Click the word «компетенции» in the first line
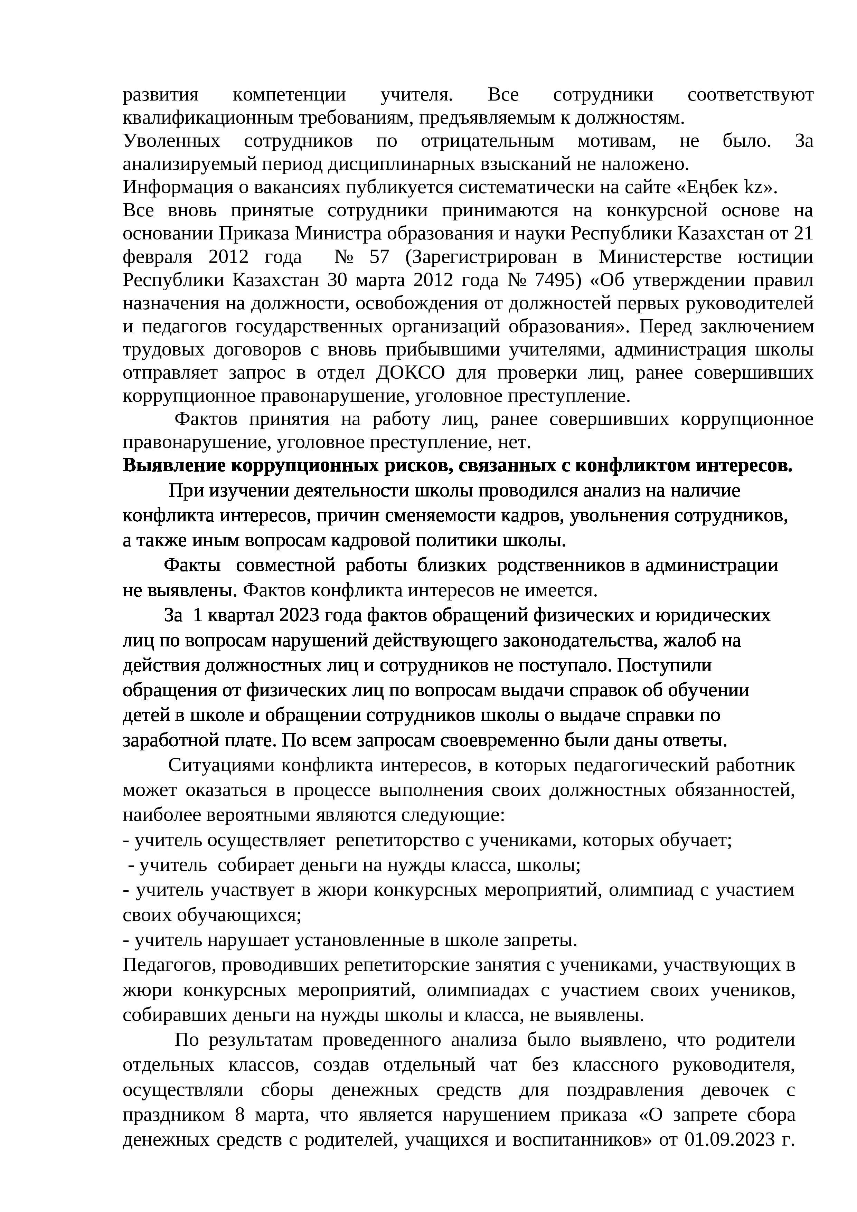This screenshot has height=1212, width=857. (x=289, y=95)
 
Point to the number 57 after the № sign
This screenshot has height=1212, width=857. (x=379, y=257)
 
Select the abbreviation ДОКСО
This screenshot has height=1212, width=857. (x=410, y=373)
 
